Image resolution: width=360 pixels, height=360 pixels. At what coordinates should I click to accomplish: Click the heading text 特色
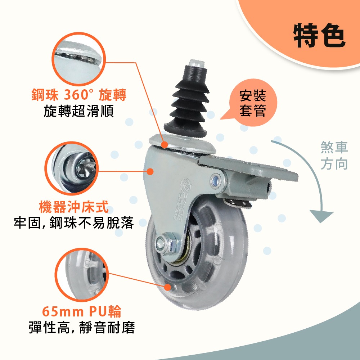tap(319, 36)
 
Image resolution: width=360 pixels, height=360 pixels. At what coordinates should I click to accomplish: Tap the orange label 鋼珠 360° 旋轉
tap(78, 95)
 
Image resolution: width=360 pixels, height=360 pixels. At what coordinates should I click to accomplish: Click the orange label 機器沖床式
tap(73, 207)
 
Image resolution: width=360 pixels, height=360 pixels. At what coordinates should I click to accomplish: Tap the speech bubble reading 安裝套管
tap(252, 103)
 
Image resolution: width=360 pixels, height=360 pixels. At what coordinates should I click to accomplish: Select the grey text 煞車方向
tap(334, 156)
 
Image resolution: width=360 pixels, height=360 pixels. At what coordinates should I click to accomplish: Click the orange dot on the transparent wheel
tap(167, 287)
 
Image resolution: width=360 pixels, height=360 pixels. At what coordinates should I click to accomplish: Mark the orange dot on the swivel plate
tap(165, 145)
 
